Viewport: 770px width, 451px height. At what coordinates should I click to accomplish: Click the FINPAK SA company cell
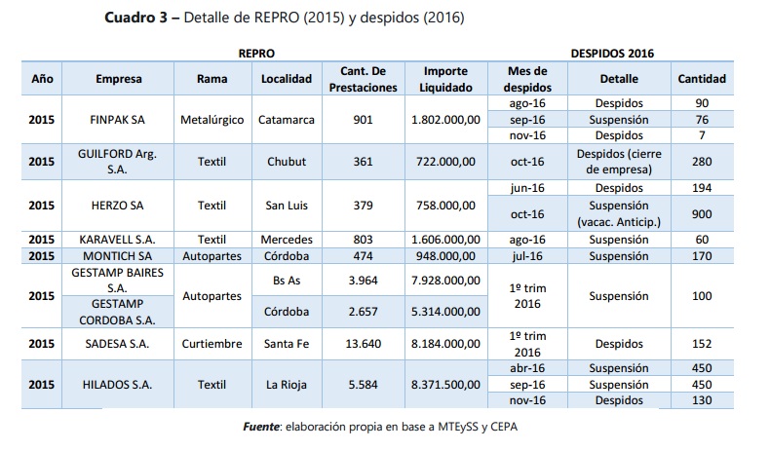pos(117,120)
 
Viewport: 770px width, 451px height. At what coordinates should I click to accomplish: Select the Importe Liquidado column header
pos(445,79)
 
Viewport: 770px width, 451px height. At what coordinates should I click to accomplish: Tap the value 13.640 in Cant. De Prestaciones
pos(363,344)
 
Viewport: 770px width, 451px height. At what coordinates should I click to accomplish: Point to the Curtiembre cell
pos(212,344)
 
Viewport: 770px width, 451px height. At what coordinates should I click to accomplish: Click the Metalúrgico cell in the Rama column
pos(212,120)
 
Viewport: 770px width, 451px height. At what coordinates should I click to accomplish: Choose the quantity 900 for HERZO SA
pos(702,214)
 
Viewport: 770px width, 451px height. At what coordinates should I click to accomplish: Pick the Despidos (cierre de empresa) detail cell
pos(619,162)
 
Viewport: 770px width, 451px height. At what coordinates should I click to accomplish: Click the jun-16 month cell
pos(527,188)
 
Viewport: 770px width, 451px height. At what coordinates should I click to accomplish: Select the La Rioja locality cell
pos(287,385)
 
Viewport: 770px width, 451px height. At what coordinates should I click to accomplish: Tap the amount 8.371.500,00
pos(445,385)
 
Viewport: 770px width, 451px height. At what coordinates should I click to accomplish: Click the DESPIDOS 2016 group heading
pos(612,54)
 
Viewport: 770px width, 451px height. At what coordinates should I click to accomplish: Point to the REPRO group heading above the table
pos(256,54)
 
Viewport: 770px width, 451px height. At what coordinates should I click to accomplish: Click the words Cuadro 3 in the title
pos(136,18)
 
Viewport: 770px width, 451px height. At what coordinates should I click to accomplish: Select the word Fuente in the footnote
pos(261,427)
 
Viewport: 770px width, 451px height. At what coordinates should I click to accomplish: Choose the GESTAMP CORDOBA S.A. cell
pos(117,312)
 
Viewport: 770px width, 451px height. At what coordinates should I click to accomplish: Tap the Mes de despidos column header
pos(527,79)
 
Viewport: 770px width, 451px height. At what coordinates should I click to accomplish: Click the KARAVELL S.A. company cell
pos(117,240)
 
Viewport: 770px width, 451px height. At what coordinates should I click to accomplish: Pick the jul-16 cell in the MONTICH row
pos(527,256)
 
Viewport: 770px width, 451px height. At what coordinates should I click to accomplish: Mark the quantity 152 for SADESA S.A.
pos(702,344)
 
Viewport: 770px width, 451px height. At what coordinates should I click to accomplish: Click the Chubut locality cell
pos(287,162)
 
